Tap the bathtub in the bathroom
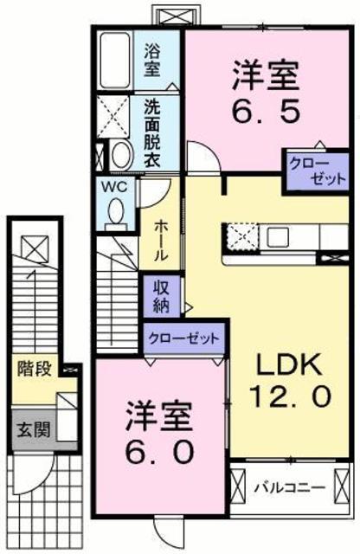(115, 60)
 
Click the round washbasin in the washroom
(121, 155)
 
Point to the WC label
(114, 187)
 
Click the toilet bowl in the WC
(116, 213)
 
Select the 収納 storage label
(162, 296)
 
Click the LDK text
(289, 364)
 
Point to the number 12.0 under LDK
(291, 396)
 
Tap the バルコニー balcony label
(290, 488)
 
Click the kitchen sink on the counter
(277, 236)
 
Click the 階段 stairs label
(35, 370)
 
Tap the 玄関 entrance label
(34, 429)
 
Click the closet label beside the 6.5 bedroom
(317, 171)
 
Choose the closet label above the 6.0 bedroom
(183, 338)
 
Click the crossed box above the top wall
(176, 16)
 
